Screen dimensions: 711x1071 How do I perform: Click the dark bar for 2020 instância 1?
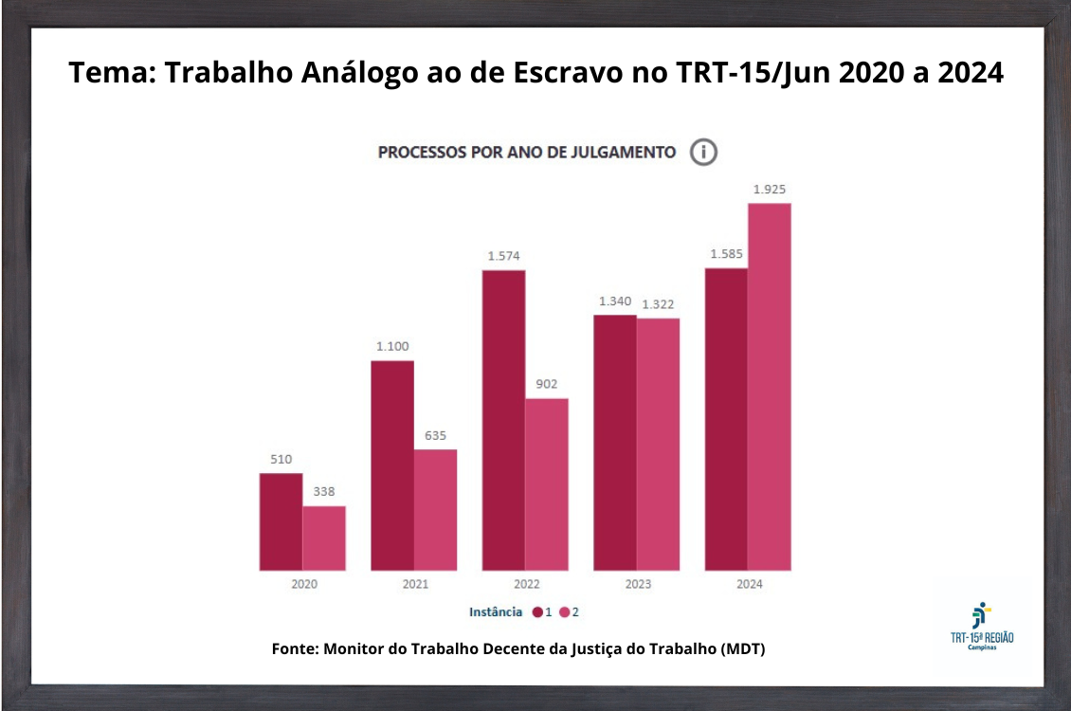tap(281, 521)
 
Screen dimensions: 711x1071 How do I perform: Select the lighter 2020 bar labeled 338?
tap(324, 538)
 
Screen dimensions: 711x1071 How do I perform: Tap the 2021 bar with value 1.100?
tap(391, 465)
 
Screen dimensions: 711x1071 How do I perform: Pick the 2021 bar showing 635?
tap(435, 509)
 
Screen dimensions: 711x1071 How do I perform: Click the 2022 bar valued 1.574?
tap(503, 420)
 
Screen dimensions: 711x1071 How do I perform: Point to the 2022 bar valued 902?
tap(547, 483)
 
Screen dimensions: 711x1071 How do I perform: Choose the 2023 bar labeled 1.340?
tap(615, 442)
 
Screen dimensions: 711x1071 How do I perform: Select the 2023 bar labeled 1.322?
tap(658, 444)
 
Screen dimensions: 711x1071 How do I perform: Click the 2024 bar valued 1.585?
tap(726, 419)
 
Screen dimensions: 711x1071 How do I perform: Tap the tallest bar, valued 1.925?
tap(770, 387)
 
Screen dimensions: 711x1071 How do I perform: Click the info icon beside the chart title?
tap(703, 152)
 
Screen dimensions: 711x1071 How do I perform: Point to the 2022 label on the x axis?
tap(526, 584)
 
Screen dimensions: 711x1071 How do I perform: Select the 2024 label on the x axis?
tap(749, 584)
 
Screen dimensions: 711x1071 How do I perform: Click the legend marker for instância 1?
tap(537, 612)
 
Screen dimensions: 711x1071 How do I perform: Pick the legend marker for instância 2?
tap(564, 612)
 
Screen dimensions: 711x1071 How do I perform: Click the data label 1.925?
tap(770, 190)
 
